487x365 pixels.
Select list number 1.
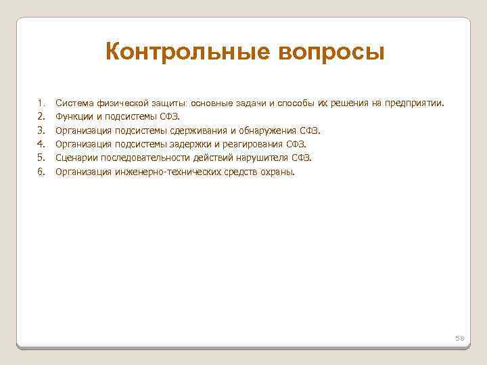click(x=40, y=103)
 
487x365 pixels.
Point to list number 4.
click(x=40, y=144)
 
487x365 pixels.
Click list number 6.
click(x=40, y=172)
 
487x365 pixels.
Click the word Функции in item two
click(x=73, y=117)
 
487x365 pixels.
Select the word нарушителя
click(x=265, y=157)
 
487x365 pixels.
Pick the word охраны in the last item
click(x=277, y=172)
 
